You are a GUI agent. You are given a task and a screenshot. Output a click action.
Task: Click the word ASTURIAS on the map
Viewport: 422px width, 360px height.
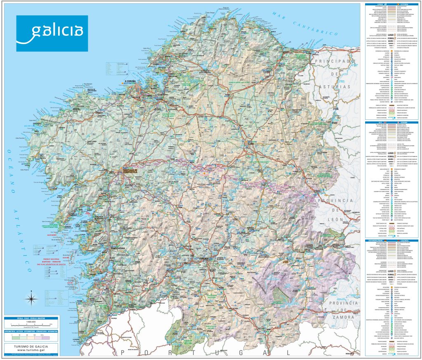(x=336, y=87)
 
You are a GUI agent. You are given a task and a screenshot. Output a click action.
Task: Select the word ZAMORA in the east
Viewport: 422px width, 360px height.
(x=341, y=318)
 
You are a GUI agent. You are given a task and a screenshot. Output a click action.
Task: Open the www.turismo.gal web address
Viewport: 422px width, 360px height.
(x=31, y=351)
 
